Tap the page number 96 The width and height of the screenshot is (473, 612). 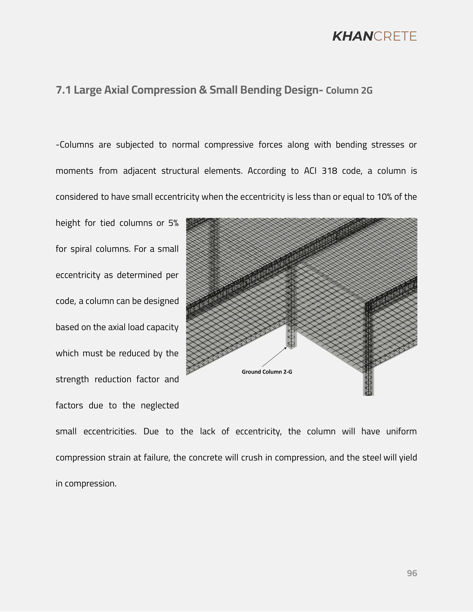[412, 573]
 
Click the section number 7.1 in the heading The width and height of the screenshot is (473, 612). [63, 90]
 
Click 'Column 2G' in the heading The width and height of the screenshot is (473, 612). [349, 91]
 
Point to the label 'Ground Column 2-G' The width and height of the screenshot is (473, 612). [267, 372]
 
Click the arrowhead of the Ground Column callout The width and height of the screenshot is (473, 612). [286, 348]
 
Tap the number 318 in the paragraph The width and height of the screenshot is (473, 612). [329, 171]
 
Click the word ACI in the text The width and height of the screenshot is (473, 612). [310, 171]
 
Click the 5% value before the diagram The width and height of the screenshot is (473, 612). [173, 223]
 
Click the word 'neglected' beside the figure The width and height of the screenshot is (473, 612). [160, 405]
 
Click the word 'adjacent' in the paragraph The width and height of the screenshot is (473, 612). [139, 171]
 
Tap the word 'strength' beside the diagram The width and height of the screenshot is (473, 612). [72, 379]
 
